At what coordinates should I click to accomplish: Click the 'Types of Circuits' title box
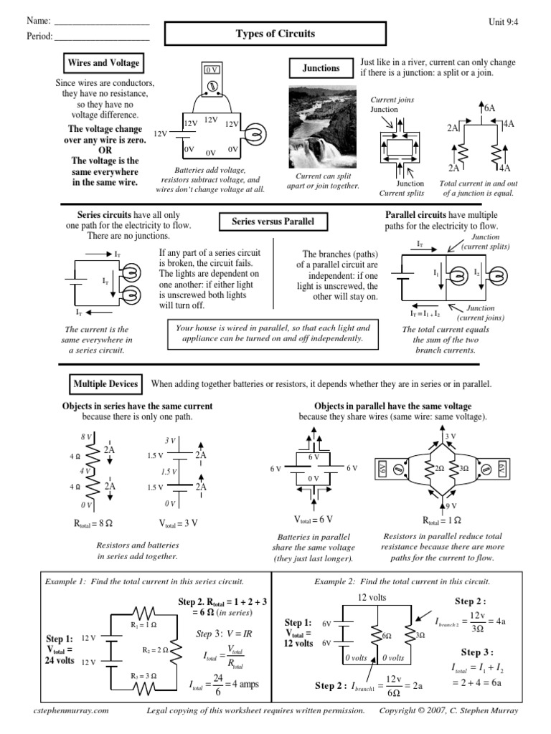coord(275,34)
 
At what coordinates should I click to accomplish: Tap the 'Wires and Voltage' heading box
coord(103,63)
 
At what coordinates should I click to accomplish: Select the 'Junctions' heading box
coord(321,69)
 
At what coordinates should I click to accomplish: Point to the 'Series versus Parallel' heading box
coord(273,222)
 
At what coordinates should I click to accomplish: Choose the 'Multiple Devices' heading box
coord(105,384)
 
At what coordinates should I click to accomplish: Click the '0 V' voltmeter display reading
coord(212,70)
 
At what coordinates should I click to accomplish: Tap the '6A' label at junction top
coord(489,108)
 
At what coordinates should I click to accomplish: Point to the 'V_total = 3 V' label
coord(178,523)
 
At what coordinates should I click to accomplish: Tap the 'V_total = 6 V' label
coord(313,519)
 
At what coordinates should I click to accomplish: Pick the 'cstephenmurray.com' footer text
coord(71,710)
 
